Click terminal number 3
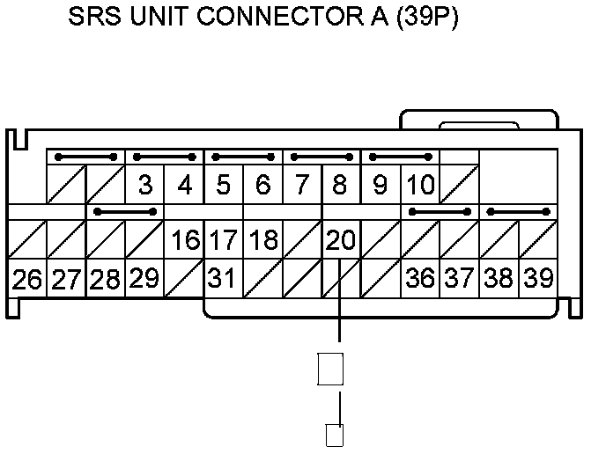[146, 186]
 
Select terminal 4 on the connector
[185, 186]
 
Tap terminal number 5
[224, 186]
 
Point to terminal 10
[420, 186]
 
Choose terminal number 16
[185, 239]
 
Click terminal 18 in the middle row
[262, 239]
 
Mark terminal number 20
[341, 239]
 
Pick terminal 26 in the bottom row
[27, 279]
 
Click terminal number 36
[420, 279]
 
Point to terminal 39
[537, 279]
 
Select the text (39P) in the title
[426, 18]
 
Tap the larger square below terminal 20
[329, 369]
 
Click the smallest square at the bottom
[335, 436]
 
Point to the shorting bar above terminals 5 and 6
[243, 158]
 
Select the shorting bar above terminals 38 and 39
[518, 212]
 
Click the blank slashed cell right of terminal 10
[459, 186]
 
